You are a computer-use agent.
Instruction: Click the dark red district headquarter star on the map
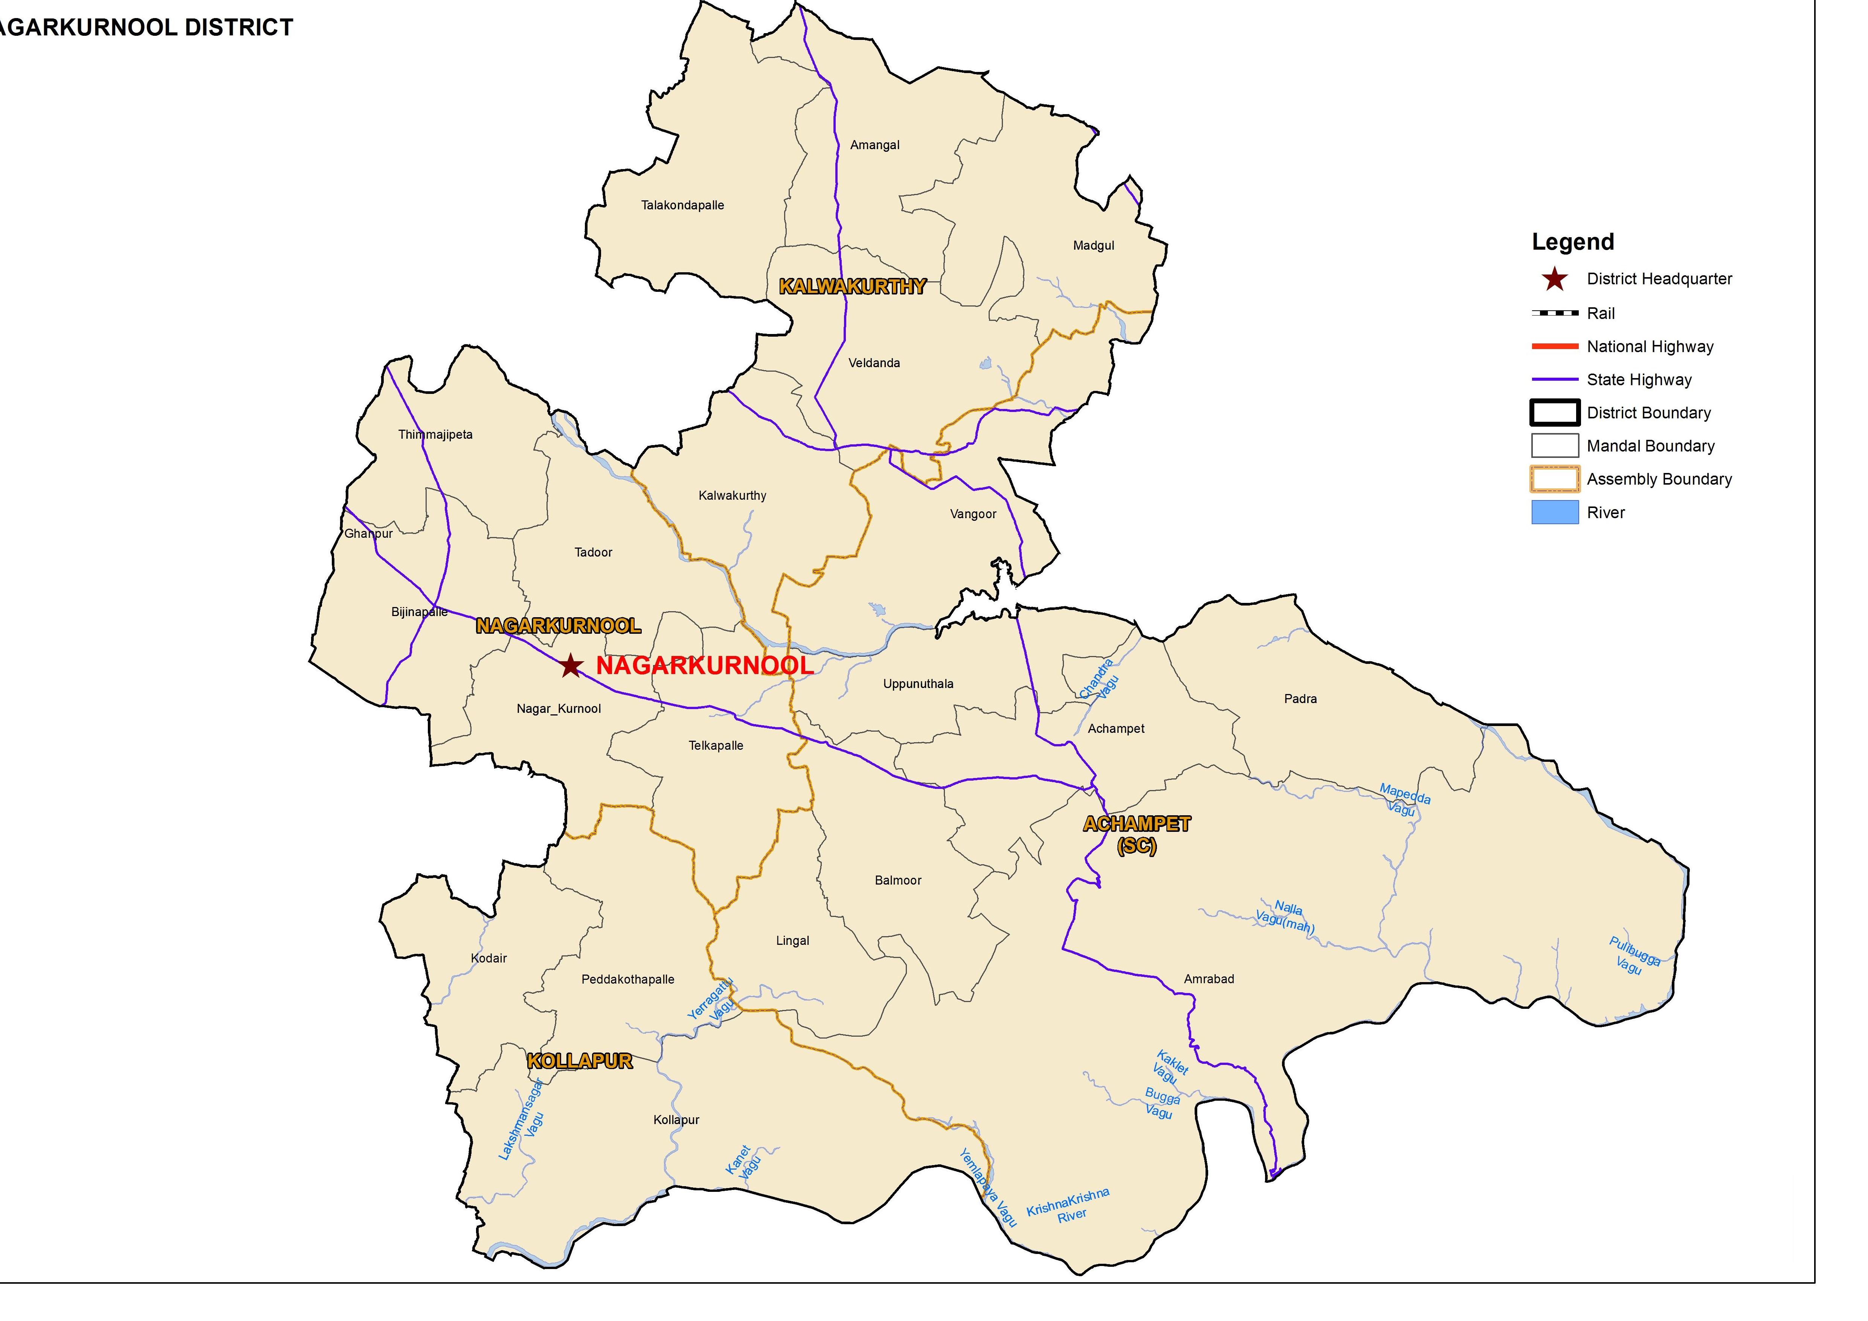pyautogui.click(x=571, y=665)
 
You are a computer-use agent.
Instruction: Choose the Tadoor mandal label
pyautogui.click(x=593, y=552)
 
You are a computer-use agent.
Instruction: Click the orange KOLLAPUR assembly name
pyautogui.click(x=579, y=1061)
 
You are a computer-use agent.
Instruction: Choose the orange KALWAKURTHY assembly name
pyautogui.click(x=852, y=286)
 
